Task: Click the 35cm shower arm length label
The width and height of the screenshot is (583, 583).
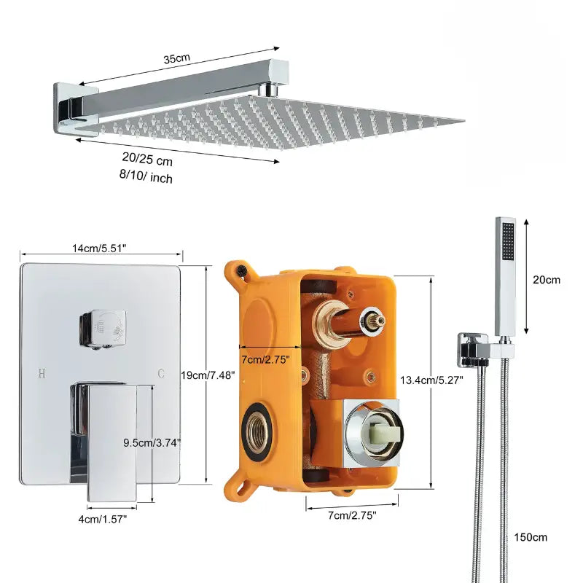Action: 176,58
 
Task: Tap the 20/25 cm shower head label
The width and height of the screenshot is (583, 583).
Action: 147,159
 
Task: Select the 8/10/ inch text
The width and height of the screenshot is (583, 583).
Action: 146,176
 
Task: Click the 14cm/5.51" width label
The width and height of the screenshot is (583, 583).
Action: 99,249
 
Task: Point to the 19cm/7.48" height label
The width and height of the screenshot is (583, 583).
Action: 208,375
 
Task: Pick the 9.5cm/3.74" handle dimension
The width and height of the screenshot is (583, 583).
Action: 152,442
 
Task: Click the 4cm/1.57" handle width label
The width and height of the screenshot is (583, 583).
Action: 103,519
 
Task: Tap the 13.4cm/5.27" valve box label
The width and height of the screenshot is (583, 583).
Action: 431,380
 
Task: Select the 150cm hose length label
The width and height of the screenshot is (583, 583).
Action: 531,537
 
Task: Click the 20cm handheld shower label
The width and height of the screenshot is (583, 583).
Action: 546,280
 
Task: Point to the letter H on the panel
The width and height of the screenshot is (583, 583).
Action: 42,373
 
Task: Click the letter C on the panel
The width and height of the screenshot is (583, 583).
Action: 161,373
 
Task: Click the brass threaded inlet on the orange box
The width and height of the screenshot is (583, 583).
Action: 257,430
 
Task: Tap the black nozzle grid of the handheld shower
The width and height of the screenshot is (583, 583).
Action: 508,241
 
